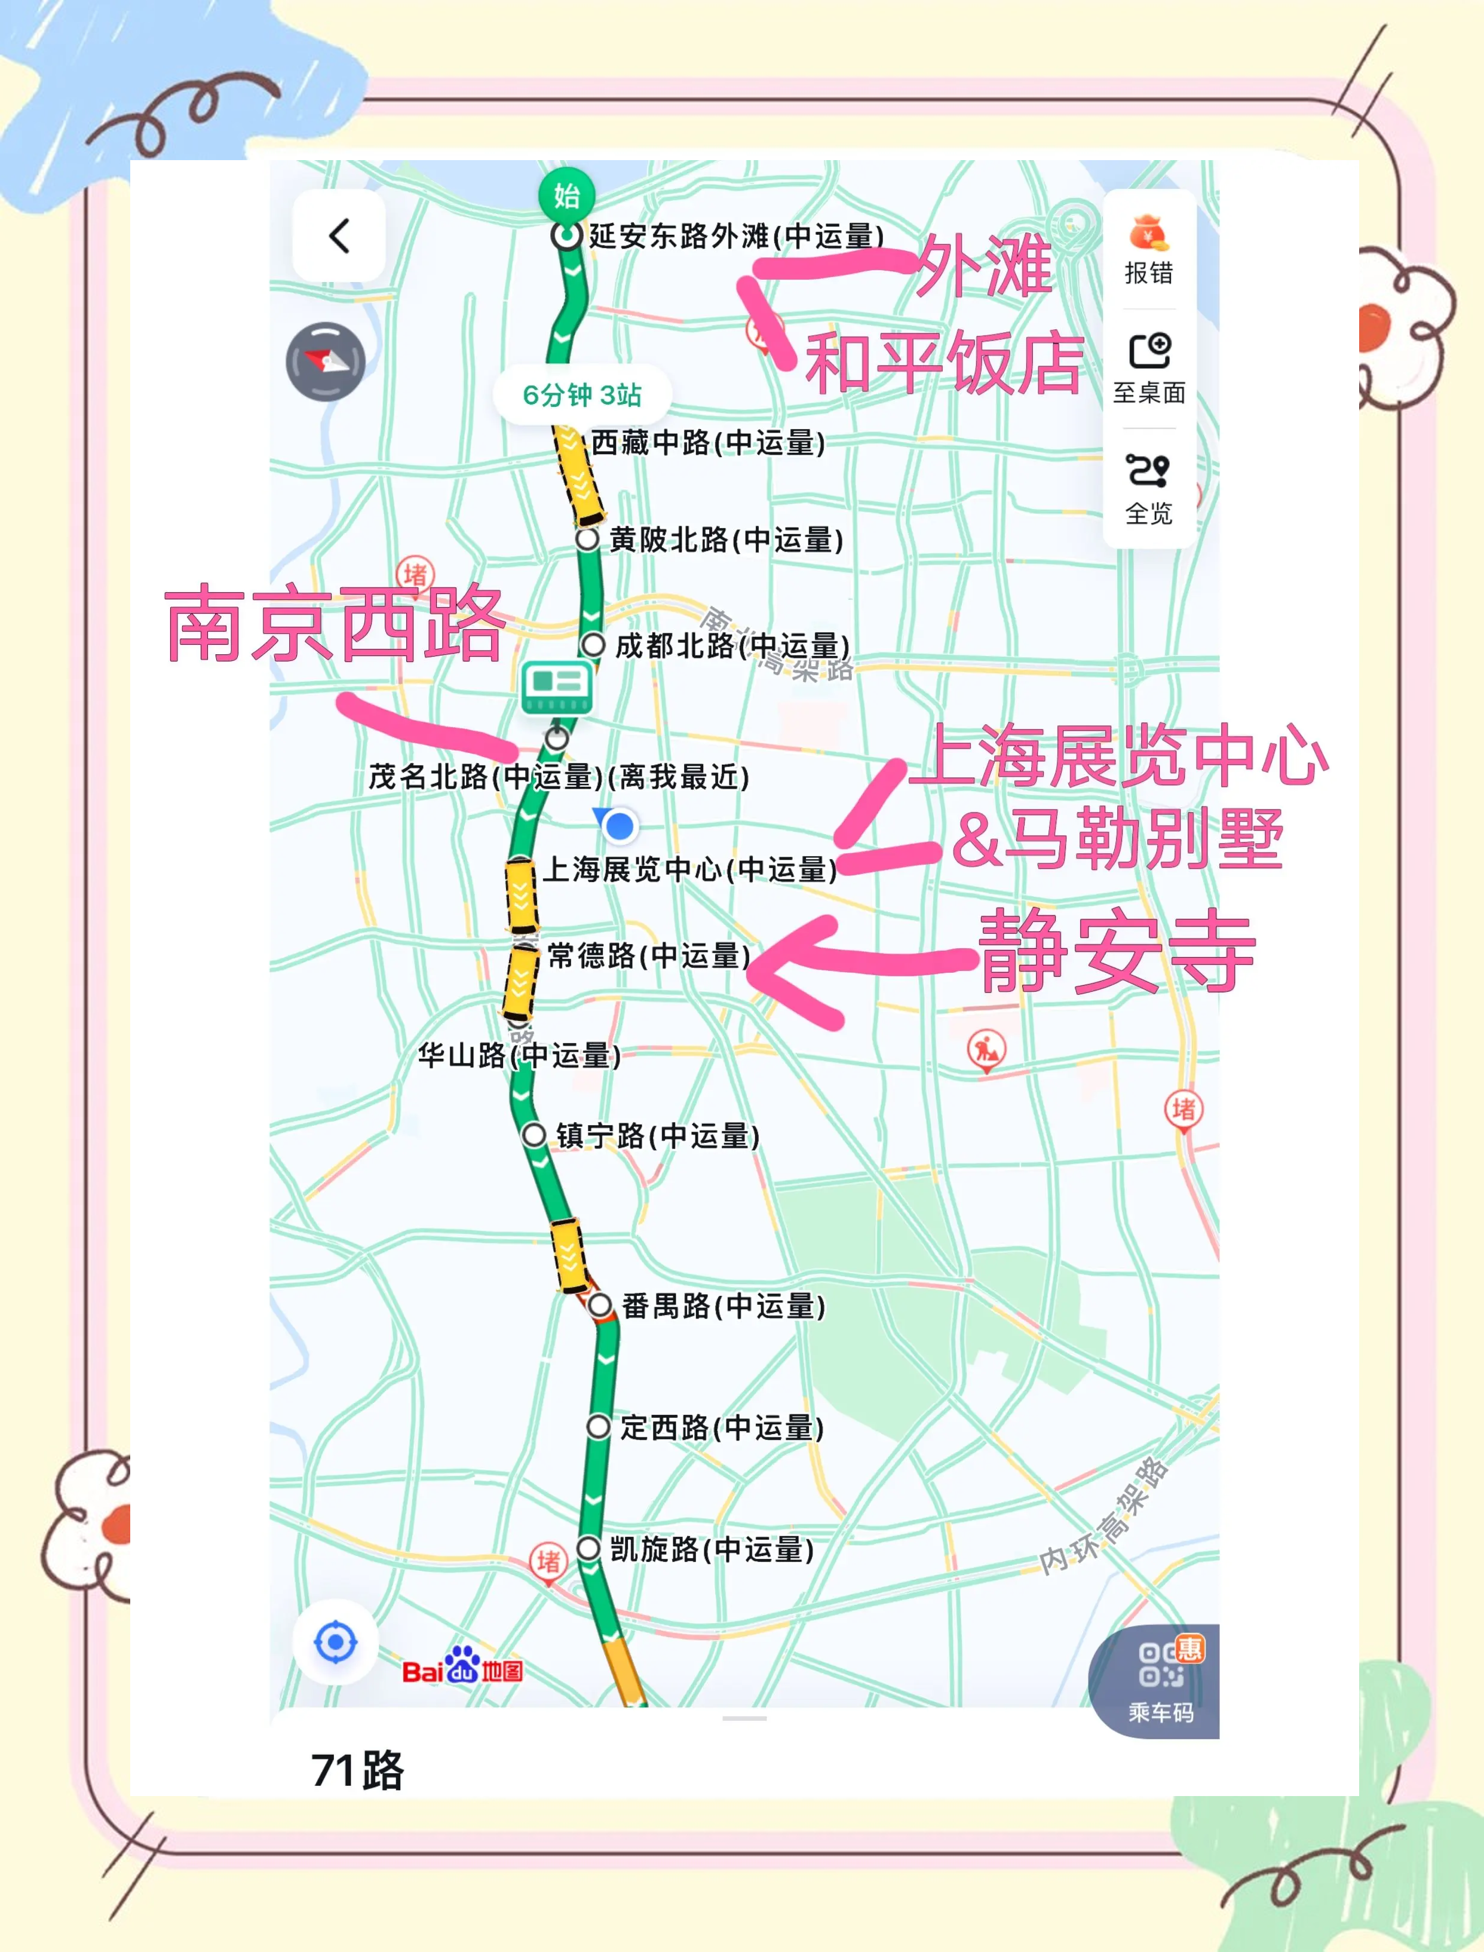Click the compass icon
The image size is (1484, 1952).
pyautogui.click(x=326, y=361)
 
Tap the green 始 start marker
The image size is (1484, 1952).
pyautogui.click(x=566, y=194)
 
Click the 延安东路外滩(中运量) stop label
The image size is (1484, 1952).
pyautogui.click(x=737, y=236)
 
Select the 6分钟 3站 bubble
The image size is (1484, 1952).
pyautogui.click(x=582, y=395)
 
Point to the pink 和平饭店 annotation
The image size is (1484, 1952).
pyautogui.click(x=943, y=363)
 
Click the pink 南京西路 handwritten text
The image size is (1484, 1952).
pyautogui.click(x=334, y=624)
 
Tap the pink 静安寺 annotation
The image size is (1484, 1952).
pyautogui.click(x=1117, y=951)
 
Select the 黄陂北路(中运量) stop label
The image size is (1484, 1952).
pyautogui.click(x=726, y=540)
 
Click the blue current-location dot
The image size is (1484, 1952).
pyautogui.click(x=619, y=826)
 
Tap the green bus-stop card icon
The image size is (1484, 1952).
pyautogui.click(x=557, y=687)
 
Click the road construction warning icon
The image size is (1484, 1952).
pyautogui.click(x=986, y=1049)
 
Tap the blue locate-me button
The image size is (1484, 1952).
pyautogui.click(x=336, y=1643)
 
